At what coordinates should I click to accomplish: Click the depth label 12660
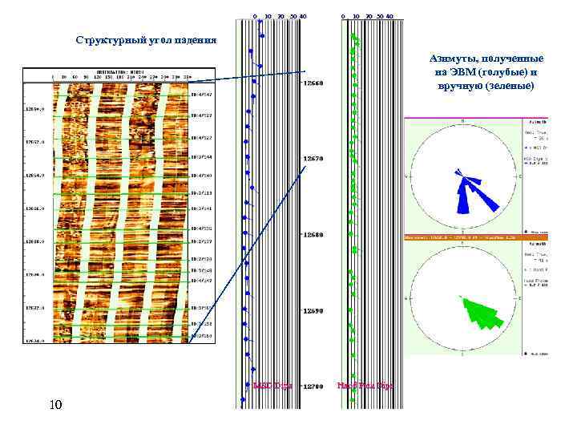pyautogui.click(x=313, y=83)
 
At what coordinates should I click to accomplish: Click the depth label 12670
pyautogui.click(x=313, y=159)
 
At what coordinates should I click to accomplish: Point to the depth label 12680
pyautogui.click(x=313, y=235)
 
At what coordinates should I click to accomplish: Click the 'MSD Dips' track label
pyautogui.click(x=271, y=386)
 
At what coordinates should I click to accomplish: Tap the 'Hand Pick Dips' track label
pyautogui.click(x=365, y=386)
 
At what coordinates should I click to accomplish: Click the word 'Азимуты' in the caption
pyautogui.click(x=453, y=59)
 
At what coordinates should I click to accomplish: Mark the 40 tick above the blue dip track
pyautogui.click(x=304, y=16)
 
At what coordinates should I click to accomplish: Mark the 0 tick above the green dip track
pyautogui.click(x=342, y=16)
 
